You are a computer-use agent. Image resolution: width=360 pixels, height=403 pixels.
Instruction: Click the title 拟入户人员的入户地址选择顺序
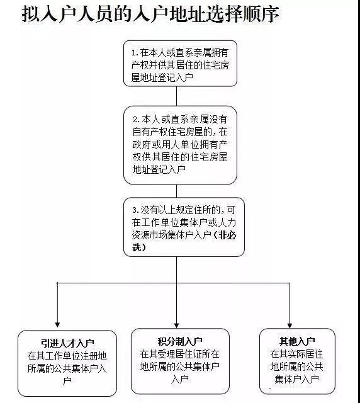pos(150,13)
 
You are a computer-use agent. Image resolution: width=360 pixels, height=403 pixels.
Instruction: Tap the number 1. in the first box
pos(135,53)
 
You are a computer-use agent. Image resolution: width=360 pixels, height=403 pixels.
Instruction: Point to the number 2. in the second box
pos(137,120)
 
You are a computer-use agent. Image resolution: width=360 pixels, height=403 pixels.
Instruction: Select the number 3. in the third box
pos(136,210)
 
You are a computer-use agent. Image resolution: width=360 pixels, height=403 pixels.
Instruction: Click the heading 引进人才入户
pos(67,343)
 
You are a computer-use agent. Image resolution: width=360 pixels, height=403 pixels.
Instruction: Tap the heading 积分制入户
pos(180,341)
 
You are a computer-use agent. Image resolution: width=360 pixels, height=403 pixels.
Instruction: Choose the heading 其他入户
pos(297,341)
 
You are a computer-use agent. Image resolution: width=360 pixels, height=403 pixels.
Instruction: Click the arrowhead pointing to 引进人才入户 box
pos(57,325)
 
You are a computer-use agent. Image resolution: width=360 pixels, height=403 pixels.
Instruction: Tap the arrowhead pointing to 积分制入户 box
pos(176,326)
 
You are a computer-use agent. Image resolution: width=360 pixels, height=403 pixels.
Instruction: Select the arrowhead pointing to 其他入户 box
pos(290,326)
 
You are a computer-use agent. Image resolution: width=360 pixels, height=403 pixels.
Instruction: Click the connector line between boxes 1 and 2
pos(176,96)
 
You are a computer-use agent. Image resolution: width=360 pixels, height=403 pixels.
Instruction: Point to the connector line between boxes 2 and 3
pos(176,191)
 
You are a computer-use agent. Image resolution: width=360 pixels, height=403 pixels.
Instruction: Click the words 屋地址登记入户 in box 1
pos(162,77)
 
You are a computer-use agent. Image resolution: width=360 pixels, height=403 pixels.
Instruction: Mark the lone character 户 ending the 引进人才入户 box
pos(67,381)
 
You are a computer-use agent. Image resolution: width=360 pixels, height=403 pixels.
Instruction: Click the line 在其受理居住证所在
pos(179,354)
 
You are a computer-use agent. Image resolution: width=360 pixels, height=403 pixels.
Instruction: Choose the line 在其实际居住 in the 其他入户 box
pos(296,354)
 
